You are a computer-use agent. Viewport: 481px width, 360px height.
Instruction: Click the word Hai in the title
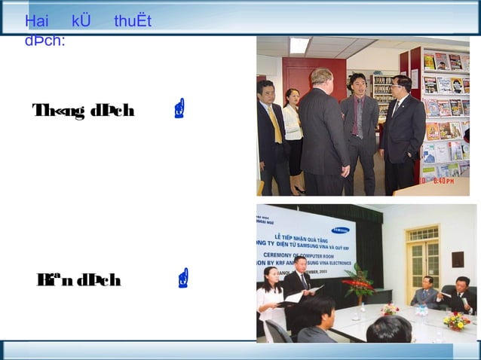coord(36,20)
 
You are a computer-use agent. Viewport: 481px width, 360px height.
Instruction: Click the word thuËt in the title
coord(133,20)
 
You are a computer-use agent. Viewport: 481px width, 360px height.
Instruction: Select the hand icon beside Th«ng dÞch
coord(179,111)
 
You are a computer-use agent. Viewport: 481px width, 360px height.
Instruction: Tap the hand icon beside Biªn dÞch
coord(183,280)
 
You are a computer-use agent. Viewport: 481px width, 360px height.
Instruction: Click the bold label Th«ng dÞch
coord(83,111)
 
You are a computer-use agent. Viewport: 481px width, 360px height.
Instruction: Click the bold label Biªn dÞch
coord(78,280)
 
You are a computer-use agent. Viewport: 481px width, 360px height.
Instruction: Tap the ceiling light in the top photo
coord(299,44)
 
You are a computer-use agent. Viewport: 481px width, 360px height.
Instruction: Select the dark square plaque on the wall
coord(458,258)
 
